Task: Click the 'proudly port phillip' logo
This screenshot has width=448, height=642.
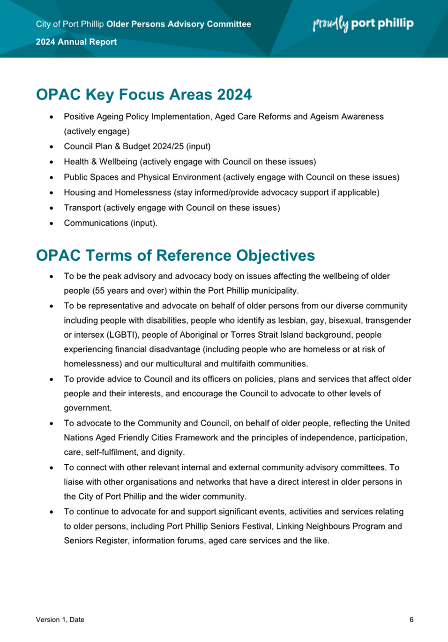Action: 363,23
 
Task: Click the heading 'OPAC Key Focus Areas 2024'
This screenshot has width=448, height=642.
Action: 144,94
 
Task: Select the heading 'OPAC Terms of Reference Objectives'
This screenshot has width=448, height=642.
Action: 175,255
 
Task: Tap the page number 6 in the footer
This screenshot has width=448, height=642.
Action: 411,619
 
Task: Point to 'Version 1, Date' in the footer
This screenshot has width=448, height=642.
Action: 60,619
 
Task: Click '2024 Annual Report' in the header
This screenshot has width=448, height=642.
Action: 76,42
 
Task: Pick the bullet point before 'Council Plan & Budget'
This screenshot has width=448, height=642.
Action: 52,147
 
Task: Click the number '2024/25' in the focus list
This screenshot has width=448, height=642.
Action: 168,146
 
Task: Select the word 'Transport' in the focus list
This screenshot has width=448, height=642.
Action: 82,208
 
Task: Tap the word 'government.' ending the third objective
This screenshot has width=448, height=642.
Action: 88,408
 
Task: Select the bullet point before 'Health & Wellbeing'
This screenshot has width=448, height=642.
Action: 52,162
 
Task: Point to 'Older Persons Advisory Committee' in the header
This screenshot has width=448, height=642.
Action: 179,24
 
